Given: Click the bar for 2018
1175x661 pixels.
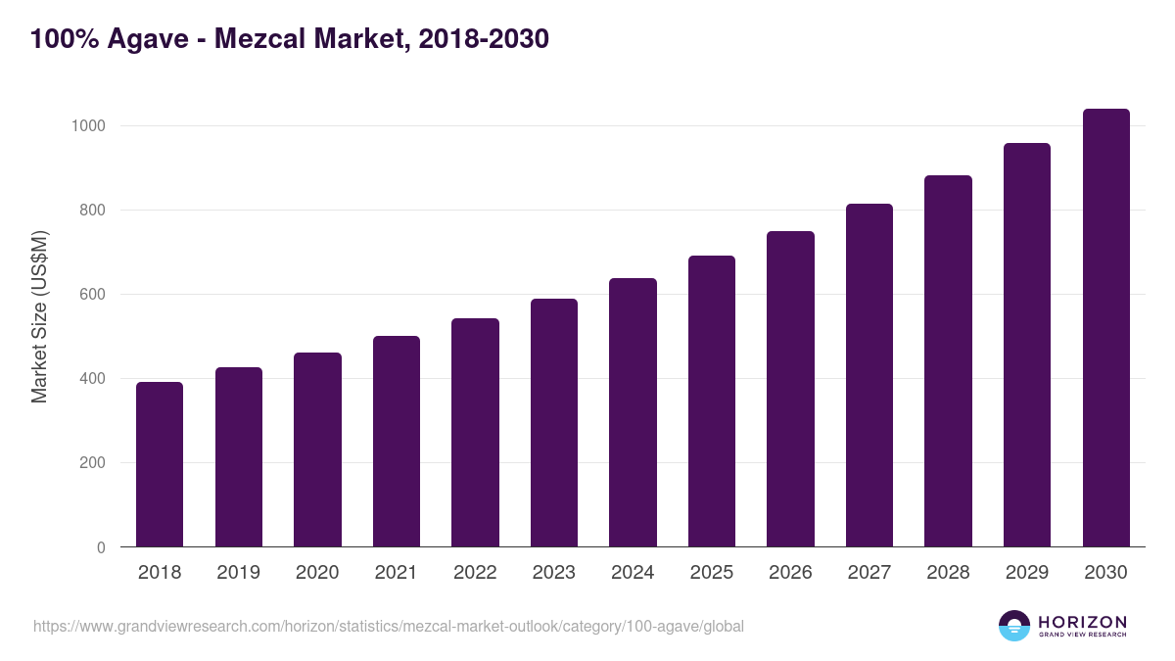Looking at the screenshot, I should [160, 464].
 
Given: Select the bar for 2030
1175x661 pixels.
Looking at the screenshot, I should [1105, 328].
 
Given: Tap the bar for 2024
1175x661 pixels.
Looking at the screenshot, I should [633, 412].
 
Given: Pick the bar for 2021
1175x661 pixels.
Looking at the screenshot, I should [397, 442].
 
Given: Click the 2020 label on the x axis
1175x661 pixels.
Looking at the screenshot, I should [317, 573].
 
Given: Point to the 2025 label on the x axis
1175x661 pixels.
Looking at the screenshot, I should [712, 573].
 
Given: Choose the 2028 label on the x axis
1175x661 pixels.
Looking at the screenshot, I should [948, 573].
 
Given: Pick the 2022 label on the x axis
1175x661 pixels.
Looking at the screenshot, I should [475, 573].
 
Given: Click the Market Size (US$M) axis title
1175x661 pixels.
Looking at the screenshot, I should [39, 316].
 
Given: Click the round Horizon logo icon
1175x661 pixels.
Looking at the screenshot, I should [1014, 626].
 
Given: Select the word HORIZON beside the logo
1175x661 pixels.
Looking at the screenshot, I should [1082, 622].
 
